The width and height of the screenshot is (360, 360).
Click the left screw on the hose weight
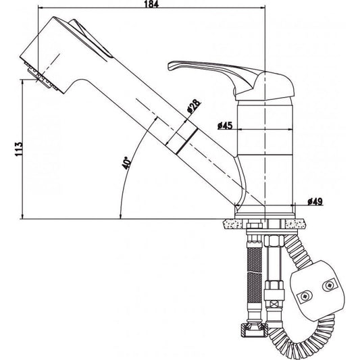(x=305, y=295)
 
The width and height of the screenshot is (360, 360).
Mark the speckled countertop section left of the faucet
(x=229, y=222)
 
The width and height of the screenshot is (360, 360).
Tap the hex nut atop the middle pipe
(x=274, y=244)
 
